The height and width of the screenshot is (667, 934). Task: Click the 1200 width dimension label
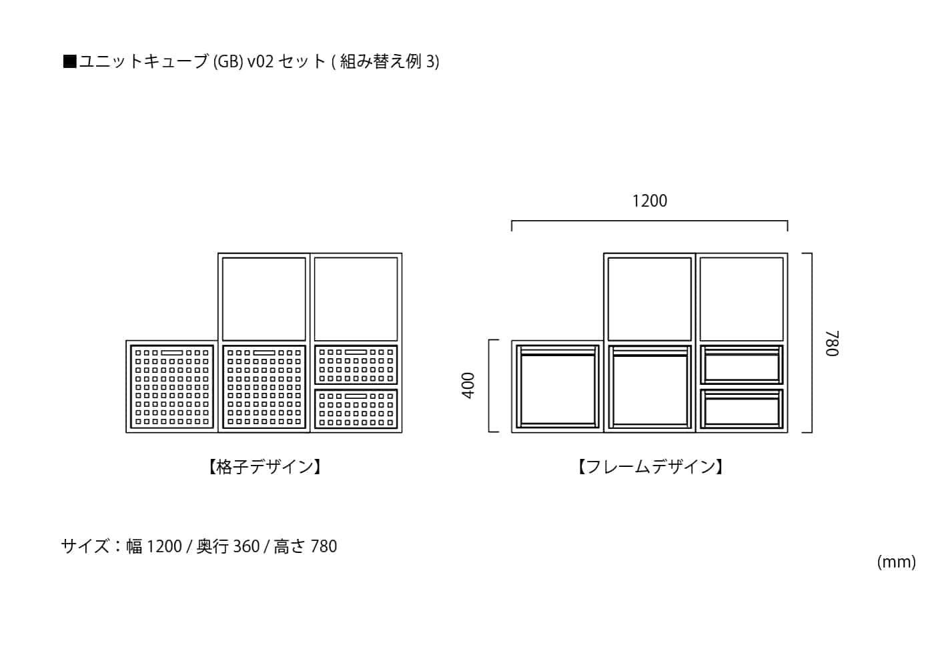[649, 201]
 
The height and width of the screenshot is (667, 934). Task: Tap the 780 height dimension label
[831, 344]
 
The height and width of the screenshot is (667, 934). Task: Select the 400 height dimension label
[468, 386]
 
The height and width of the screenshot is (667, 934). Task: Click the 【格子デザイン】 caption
[265, 467]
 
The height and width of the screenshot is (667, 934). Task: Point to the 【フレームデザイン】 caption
[650, 467]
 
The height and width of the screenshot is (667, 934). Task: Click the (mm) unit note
[896, 562]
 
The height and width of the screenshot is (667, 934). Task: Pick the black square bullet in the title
[69, 62]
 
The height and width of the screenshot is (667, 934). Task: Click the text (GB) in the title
[228, 61]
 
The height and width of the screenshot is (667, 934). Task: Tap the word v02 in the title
[260, 61]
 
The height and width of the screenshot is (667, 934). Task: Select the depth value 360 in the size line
[246, 546]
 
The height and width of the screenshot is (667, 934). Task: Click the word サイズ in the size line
[85, 546]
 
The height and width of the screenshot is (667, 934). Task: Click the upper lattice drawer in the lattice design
[356, 364]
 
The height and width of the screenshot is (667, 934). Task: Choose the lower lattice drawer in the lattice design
[356, 408]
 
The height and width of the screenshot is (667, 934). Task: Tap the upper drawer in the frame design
[741, 364]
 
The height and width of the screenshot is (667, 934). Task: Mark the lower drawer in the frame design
[741, 408]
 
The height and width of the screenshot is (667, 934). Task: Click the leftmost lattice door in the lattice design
[172, 386]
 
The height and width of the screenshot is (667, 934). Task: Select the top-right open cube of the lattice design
[356, 298]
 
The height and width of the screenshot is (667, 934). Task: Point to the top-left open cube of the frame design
[649, 298]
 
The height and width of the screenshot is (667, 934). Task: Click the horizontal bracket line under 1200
[649, 221]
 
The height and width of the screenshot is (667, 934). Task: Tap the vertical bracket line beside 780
[811, 343]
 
